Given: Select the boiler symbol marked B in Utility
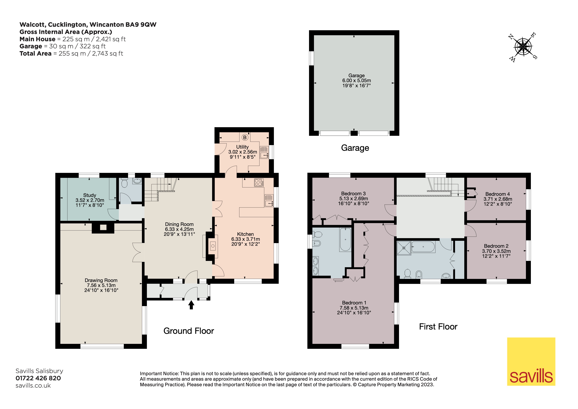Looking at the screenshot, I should tap(245, 138).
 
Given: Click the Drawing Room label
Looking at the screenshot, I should tap(101, 280).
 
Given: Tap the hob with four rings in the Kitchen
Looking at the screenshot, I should tap(259, 182).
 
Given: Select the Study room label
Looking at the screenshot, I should tap(90, 195).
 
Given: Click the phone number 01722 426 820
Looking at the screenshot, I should tap(38, 378).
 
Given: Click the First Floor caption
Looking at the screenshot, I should tap(438, 327).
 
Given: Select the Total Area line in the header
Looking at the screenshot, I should tap(71, 53).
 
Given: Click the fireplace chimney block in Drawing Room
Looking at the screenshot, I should tap(103, 228).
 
